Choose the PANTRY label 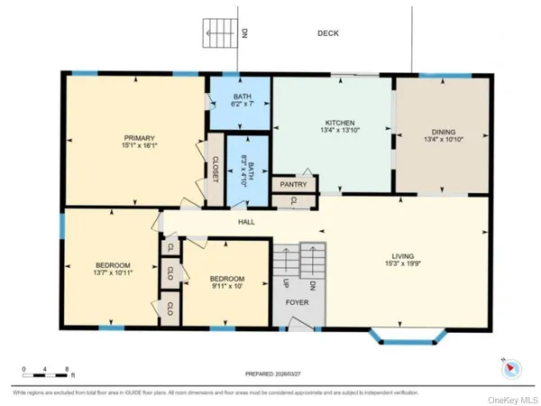(293, 184)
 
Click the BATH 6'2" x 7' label (241, 101)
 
